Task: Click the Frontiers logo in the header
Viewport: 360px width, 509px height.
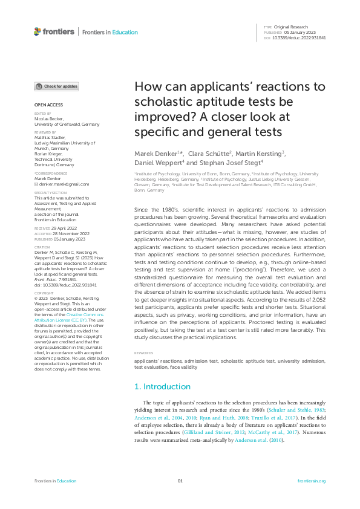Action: pos(54,31)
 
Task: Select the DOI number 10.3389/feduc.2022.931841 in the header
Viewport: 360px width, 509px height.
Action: pos(301,37)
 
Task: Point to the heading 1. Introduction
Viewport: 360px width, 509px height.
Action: pos(162,386)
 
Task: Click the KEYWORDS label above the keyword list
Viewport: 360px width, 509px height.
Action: pos(143,352)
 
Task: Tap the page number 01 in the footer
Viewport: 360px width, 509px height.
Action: pos(180,481)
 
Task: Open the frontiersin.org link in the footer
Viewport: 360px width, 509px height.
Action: pos(312,481)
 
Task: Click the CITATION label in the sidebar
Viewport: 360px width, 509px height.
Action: pos(41,247)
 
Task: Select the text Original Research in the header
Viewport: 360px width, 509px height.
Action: pos(292,27)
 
